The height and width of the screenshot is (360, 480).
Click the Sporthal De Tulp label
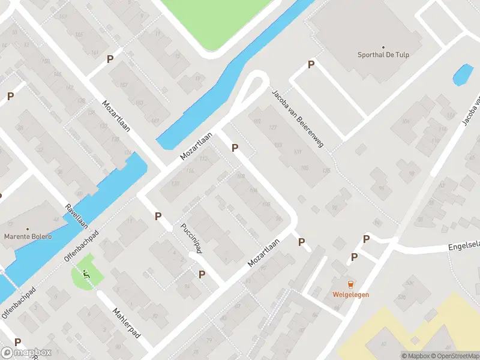click(384, 55)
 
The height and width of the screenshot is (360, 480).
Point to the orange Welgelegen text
click(351, 294)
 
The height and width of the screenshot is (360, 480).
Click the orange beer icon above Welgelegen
click(351, 284)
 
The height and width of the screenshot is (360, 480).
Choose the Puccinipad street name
click(190, 239)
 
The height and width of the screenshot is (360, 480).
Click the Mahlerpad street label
click(127, 322)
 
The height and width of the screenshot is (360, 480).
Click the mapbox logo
click(26, 353)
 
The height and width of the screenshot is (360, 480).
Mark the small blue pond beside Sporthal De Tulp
click(462, 75)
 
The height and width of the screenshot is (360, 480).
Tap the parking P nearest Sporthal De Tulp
click(311, 64)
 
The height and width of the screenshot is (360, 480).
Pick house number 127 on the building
click(274, 127)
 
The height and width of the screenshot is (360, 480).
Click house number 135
click(326, 171)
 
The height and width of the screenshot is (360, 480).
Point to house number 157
click(125, 83)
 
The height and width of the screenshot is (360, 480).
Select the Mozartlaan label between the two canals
click(198, 147)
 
